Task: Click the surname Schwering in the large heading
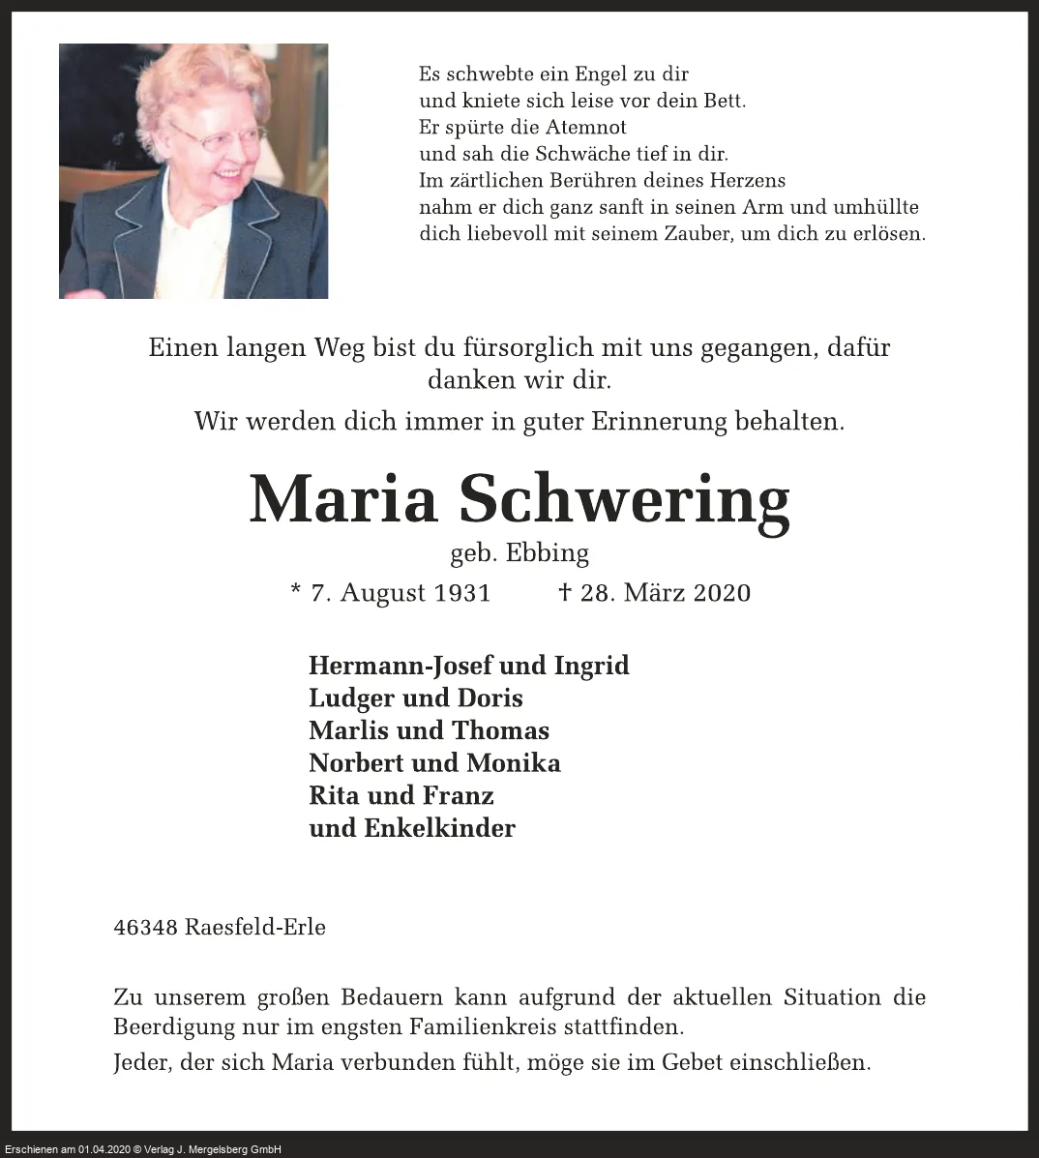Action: tap(624, 501)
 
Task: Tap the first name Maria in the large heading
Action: tap(343, 499)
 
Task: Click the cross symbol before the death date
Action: tap(565, 591)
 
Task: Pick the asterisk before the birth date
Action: tap(295, 589)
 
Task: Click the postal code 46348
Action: tap(145, 927)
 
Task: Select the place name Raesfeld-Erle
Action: tap(255, 927)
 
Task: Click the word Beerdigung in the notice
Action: tap(173, 1026)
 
